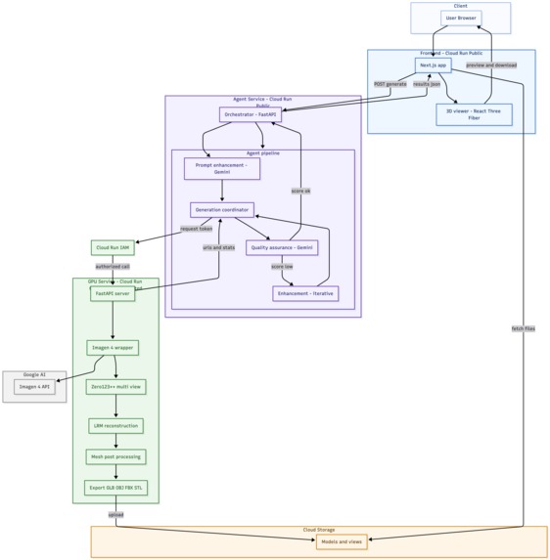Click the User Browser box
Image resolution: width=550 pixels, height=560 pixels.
point(460,18)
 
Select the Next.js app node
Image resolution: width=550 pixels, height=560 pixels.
point(433,65)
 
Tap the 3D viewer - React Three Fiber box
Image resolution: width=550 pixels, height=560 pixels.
point(474,114)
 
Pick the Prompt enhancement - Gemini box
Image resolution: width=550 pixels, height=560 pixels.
point(221,168)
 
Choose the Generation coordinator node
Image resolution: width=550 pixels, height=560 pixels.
point(222,209)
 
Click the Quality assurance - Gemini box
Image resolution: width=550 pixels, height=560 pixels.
point(282,247)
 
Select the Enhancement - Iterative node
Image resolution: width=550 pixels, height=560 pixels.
point(305,293)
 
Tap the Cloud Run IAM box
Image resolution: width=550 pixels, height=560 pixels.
point(113,248)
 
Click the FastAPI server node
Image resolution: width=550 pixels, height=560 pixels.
point(113,293)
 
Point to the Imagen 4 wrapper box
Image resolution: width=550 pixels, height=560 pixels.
point(113,347)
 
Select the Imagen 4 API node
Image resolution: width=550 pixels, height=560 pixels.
point(35,387)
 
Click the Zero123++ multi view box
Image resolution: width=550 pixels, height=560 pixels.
point(115,387)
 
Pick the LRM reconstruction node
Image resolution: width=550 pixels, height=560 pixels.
point(115,426)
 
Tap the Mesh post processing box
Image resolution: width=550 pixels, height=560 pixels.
point(115,456)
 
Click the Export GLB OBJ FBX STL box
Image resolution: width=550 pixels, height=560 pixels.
point(115,488)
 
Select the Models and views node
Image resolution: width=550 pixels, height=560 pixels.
point(342,541)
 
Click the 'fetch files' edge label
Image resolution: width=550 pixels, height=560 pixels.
point(523,328)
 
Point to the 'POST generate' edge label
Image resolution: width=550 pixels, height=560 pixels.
point(390,84)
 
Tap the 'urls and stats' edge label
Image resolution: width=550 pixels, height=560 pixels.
point(218,247)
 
